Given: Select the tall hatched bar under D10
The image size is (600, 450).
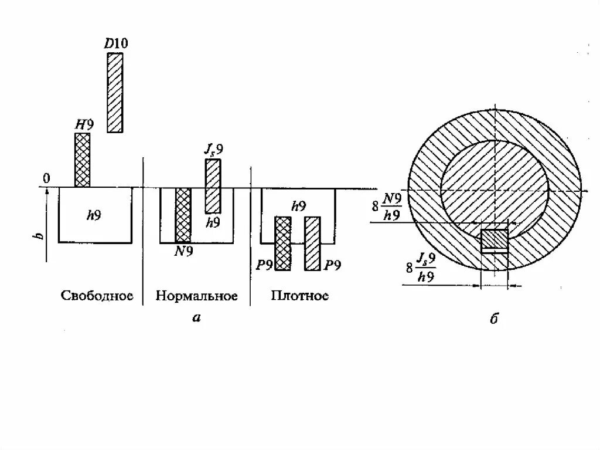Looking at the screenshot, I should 115,93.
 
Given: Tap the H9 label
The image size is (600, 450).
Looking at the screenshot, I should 84,125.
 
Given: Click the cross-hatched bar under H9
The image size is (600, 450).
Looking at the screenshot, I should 83,160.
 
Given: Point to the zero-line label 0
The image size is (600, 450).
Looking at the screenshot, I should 47,178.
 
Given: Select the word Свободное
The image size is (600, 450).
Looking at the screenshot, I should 97,295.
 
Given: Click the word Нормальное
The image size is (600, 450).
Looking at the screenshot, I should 196,295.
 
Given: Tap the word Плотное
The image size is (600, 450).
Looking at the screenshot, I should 299,295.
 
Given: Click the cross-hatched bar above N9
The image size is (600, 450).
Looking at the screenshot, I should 183,215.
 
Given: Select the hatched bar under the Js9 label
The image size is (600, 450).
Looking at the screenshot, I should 213,186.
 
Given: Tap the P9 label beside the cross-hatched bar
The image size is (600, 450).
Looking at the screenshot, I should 264,265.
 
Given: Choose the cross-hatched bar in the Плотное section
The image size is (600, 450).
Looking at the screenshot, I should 284,243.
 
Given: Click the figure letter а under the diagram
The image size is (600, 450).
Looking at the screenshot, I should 196,318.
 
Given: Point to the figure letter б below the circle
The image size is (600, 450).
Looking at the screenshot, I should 493,319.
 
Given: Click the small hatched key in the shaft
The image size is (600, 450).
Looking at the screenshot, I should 494,239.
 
